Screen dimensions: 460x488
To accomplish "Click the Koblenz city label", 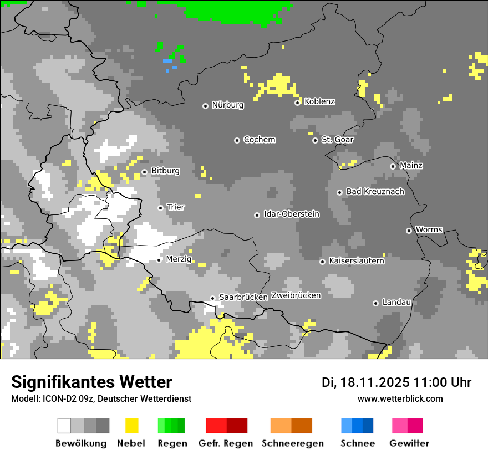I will (x=319, y=101).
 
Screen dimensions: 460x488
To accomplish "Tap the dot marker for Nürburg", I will (x=205, y=105).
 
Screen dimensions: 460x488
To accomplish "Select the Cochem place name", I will (x=259, y=140).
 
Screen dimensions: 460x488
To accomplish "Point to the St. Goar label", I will (x=337, y=140).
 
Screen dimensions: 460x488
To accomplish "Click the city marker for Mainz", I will (x=393, y=166).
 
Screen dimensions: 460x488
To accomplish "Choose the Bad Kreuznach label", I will (x=375, y=192).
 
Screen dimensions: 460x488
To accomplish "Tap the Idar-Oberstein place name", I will (x=291, y=214).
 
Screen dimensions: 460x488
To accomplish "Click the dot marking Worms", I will (x=409, y=231).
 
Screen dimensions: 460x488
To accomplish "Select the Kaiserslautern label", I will (x=356, y=260).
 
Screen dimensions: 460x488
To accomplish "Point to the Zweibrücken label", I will (x=296, y=295).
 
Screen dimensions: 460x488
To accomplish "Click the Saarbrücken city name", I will (x=243, y=297).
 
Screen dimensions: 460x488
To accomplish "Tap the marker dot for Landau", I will (x=375, y=303).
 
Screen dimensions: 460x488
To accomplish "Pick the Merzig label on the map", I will (x=179, y=259).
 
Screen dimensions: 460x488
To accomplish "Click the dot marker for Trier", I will (x=160, y=208).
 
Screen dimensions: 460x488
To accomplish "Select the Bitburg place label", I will (x=165, y=171).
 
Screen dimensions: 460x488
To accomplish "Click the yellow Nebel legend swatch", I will (x=131, y=426).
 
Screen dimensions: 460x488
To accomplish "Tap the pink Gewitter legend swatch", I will (x=400, y=426).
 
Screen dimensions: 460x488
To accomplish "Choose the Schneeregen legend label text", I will (x=292, y=443).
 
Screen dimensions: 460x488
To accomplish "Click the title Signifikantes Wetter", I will (x=91, y=382).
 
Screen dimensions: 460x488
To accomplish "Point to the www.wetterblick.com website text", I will (x=400, y=398).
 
